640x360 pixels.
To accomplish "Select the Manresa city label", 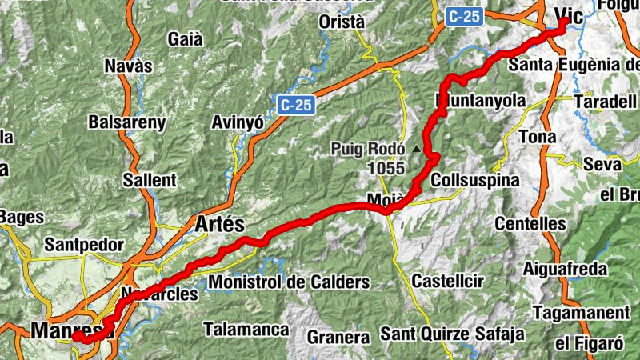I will pos(67,329).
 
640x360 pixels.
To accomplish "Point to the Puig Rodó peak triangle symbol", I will pos(416,149).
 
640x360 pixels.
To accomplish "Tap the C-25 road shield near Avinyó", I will pos(297,104).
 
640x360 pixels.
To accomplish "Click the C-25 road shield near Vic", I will pos(465,15).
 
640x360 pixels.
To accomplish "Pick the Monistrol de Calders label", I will pos(289,282).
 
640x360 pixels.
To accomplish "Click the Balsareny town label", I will pos(127,122).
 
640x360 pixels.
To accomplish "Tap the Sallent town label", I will pos(150,180).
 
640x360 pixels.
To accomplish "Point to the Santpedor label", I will pos(84,244).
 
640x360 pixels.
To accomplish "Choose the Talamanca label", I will pos(246,329).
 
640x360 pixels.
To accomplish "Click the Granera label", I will pos(338,337).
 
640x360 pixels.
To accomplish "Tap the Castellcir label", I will pos(446,281).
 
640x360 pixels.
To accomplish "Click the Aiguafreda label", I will pos(565,269).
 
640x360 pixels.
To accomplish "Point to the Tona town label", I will pos(537,137).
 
